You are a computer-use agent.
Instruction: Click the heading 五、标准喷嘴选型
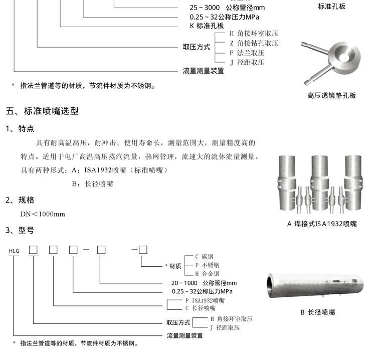pos(42,111)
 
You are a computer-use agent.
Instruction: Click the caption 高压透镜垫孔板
pos(331,95)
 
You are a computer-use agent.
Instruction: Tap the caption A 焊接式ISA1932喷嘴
pos(322,224)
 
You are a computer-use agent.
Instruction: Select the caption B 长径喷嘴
pos(317,312)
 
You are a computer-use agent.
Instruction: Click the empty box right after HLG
pos(34,250)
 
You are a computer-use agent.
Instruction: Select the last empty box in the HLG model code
pos(143,250)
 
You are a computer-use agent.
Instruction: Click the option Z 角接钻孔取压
pos(253,43)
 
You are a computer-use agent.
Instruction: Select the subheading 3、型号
pos(20,230)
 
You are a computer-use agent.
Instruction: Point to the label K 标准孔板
pos(206,26)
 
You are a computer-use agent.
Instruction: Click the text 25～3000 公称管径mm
pos(220,8)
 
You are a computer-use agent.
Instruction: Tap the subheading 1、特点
pos(20,129)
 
